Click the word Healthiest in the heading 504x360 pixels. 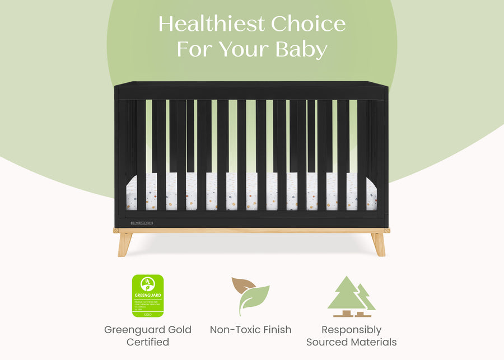[211, 24]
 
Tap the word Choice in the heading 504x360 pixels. [308, 24]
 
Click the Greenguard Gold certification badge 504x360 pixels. [148, 296]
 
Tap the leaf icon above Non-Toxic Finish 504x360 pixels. [251, 296]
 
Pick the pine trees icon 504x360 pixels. [351, 297]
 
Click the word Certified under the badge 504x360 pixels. [148, 342]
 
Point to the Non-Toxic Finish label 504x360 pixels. [250, 330]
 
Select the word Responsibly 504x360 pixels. [351, 330]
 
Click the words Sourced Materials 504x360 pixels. [351, 342]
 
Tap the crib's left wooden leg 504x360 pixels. [125, 244]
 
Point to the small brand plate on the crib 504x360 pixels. [142, 223]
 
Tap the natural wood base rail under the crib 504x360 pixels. [251, 230]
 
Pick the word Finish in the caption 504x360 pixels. [275, 330]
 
